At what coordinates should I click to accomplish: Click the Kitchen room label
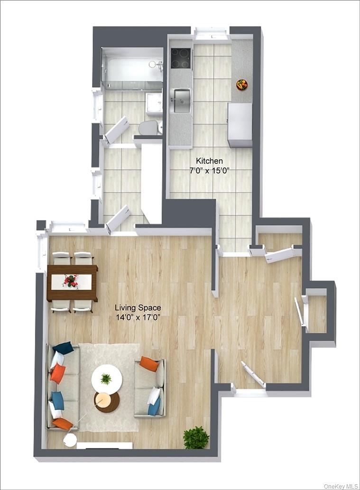[x=209, y=161]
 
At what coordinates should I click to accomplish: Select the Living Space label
[x=138, y=308]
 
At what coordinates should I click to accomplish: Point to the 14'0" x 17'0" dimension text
[x=137, y=318]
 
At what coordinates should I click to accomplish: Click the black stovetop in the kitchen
[x=180, y=58]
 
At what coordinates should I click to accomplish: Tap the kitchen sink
[x=181, y=101]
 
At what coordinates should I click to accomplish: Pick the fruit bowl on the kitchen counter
[x=242, y=85]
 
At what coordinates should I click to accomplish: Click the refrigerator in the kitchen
[x=240, y=125]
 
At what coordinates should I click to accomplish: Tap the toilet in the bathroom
[x=149, y=127]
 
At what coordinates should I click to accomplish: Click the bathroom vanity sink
[x=154, y=103]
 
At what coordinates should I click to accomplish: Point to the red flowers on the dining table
[x=72, y=281]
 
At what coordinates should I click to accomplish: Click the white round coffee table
[x=107, y=379]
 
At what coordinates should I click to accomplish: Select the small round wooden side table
[x=106, y=402]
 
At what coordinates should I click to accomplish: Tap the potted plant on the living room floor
[x=196, y=437]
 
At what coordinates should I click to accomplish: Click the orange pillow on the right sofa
[x=149, y=364]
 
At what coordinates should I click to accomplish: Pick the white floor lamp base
[x=70, y=440]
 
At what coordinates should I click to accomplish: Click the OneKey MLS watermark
[x=340, y=486]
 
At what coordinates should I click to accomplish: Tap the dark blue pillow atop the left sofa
[x=63, y=348]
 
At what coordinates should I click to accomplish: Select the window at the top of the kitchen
[x=212, y=33]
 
